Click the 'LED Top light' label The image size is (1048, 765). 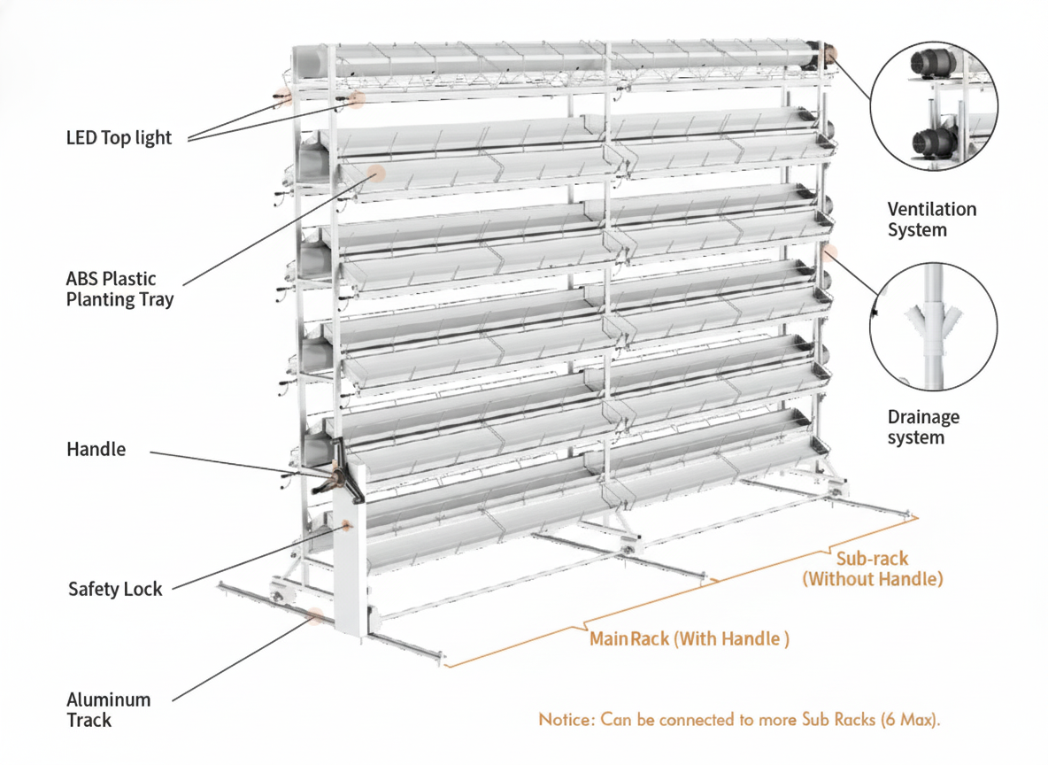[119, 137]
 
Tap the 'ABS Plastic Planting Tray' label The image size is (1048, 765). [119, 290]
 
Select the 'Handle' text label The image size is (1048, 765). [96, 450]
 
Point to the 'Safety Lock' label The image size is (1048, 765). [115, 589]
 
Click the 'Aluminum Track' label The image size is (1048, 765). [108, 709]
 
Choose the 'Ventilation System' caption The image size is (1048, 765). [931, 220]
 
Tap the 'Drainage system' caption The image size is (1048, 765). [922, 427]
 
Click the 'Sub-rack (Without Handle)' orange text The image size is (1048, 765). [872, 569]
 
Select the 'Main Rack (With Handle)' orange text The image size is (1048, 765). [689, 638]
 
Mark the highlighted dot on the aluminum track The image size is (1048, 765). [315, 617]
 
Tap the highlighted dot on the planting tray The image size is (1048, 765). [376, 173]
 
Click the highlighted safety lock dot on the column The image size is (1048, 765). [346, 526]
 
